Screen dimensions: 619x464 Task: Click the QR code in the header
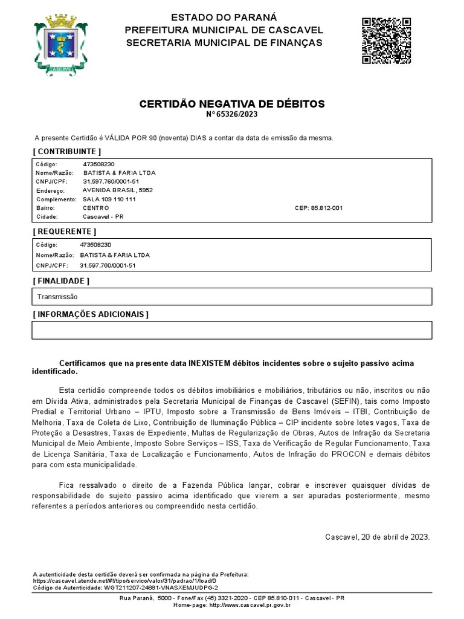(x=387, y=41)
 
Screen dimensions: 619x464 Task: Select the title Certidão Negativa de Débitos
(x=232, y=104)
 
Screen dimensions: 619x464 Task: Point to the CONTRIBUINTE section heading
(x=66, y=151)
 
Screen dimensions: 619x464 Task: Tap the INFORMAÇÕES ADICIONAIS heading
(x=90, y=314)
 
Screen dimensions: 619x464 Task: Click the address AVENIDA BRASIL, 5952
(x=118, y=190)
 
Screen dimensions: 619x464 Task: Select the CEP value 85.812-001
(x=326, y=208)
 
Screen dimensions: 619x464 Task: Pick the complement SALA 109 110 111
(x=109, y=199)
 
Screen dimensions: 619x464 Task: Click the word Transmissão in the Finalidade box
(x=57, y=297)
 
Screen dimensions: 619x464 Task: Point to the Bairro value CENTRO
(x=96, y=208)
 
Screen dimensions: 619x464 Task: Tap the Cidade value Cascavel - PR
(x=103, y=216)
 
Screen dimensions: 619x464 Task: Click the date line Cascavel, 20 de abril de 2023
(x=377, y=537)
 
